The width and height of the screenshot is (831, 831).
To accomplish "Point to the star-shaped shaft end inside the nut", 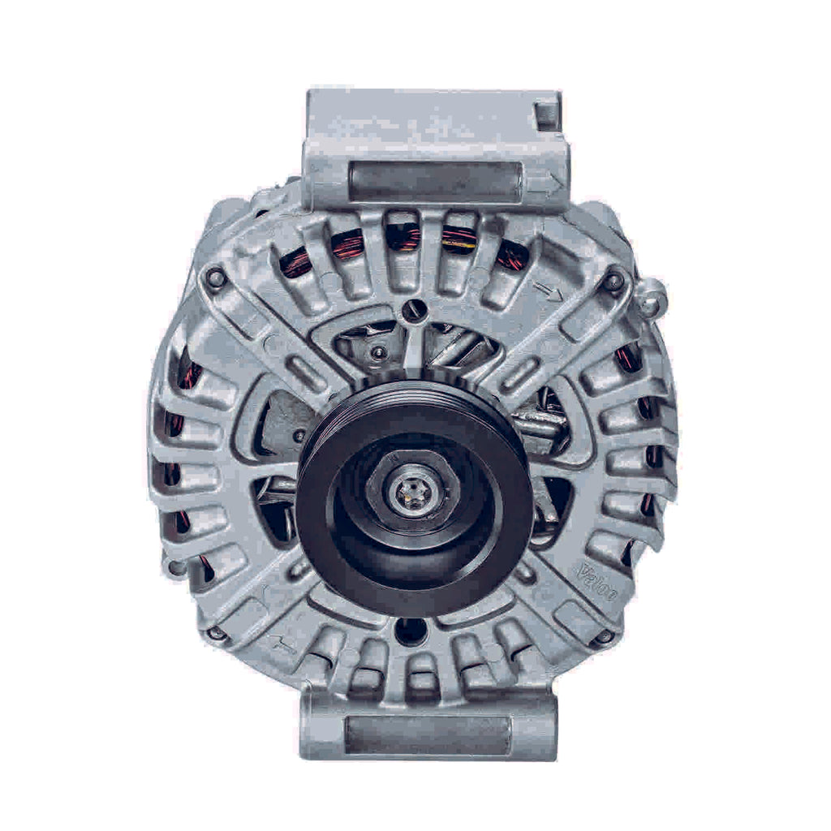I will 411,491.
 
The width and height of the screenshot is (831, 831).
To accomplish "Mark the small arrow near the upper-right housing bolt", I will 549,291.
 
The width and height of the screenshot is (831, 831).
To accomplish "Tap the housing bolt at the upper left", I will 215,278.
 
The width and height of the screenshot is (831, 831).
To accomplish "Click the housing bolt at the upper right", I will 614,282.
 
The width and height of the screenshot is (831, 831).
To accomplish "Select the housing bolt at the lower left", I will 216,633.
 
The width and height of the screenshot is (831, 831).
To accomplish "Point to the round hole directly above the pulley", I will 414,308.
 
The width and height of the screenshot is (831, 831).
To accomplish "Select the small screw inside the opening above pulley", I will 378,352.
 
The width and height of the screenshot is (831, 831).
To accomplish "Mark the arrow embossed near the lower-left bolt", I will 283,645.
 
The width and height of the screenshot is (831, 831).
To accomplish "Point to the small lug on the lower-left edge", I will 175,566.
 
